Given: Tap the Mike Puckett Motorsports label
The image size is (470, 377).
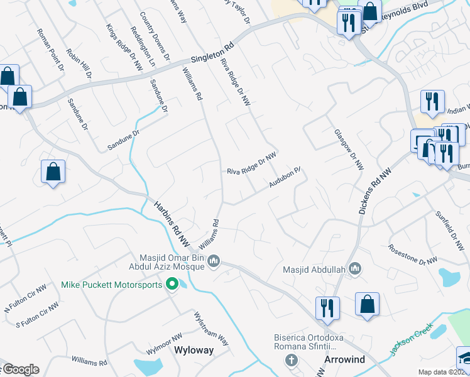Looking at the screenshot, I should [112, 285].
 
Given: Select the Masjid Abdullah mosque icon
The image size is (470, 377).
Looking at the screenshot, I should [355, 269].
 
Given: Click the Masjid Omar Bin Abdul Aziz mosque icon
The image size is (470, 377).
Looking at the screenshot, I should [214, 260].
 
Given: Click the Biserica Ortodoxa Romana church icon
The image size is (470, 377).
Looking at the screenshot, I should [290, 360].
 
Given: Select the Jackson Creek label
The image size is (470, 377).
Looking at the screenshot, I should [411, 340].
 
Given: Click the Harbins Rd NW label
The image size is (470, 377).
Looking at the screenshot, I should [172, 222].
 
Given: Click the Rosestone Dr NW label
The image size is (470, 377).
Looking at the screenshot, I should [413, 254].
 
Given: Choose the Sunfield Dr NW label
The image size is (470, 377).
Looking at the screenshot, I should [452, 229].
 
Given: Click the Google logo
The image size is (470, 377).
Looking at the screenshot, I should [20, 369].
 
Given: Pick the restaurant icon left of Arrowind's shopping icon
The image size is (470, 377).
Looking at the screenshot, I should [327, 307].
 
